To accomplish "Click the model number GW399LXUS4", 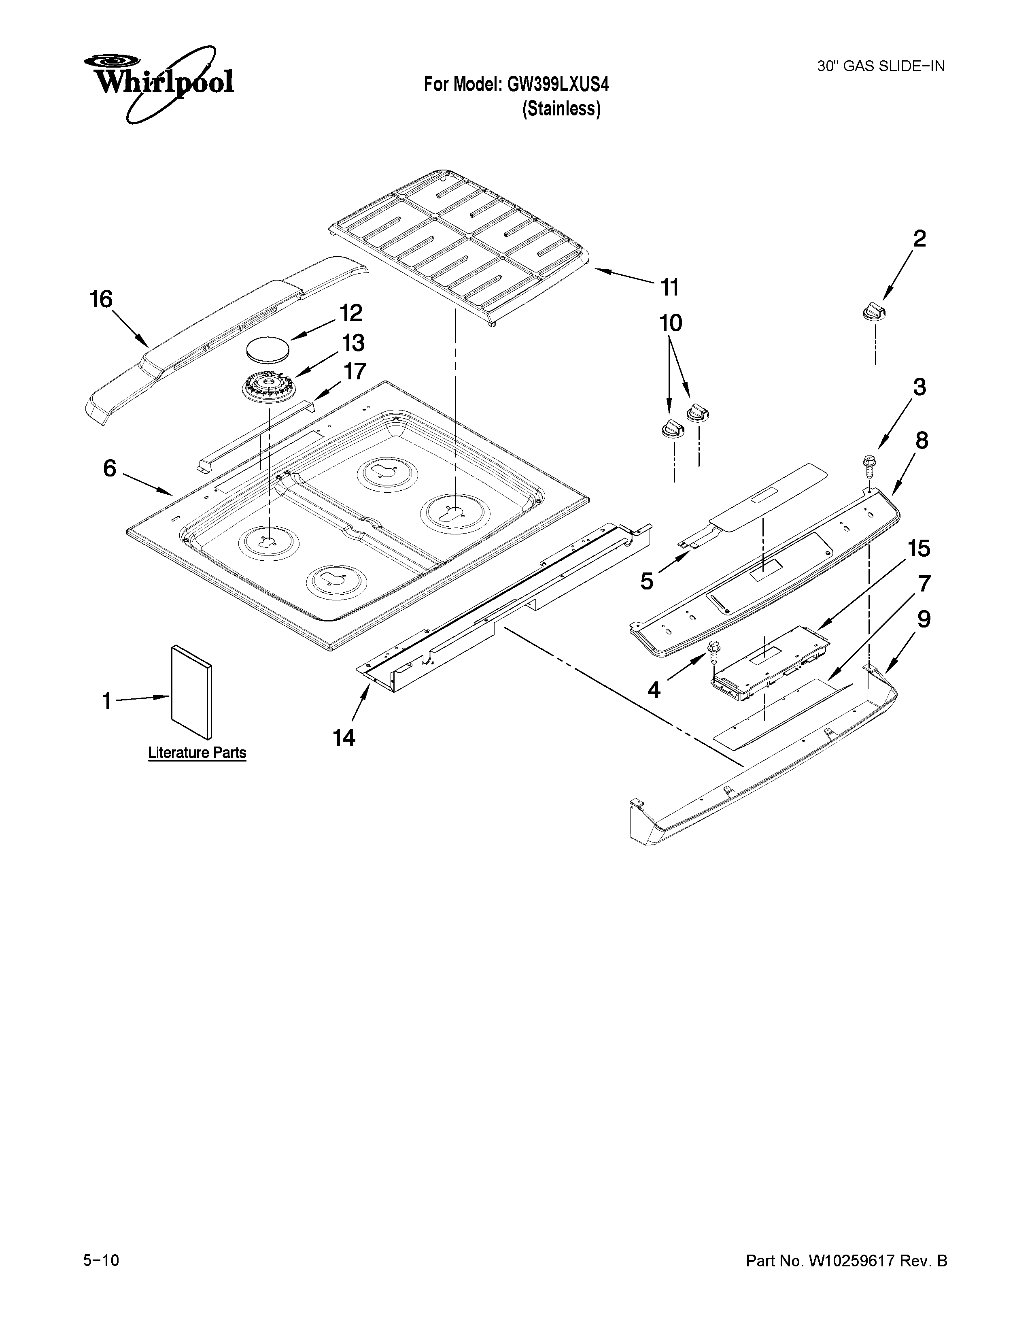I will (558, 85).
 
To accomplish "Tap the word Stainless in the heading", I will (561, 109).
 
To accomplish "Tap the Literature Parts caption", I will (197, 753).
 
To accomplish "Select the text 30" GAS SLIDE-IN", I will (880, 66).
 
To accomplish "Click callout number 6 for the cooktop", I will (109, 468).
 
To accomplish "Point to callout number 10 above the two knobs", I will (671, 323).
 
